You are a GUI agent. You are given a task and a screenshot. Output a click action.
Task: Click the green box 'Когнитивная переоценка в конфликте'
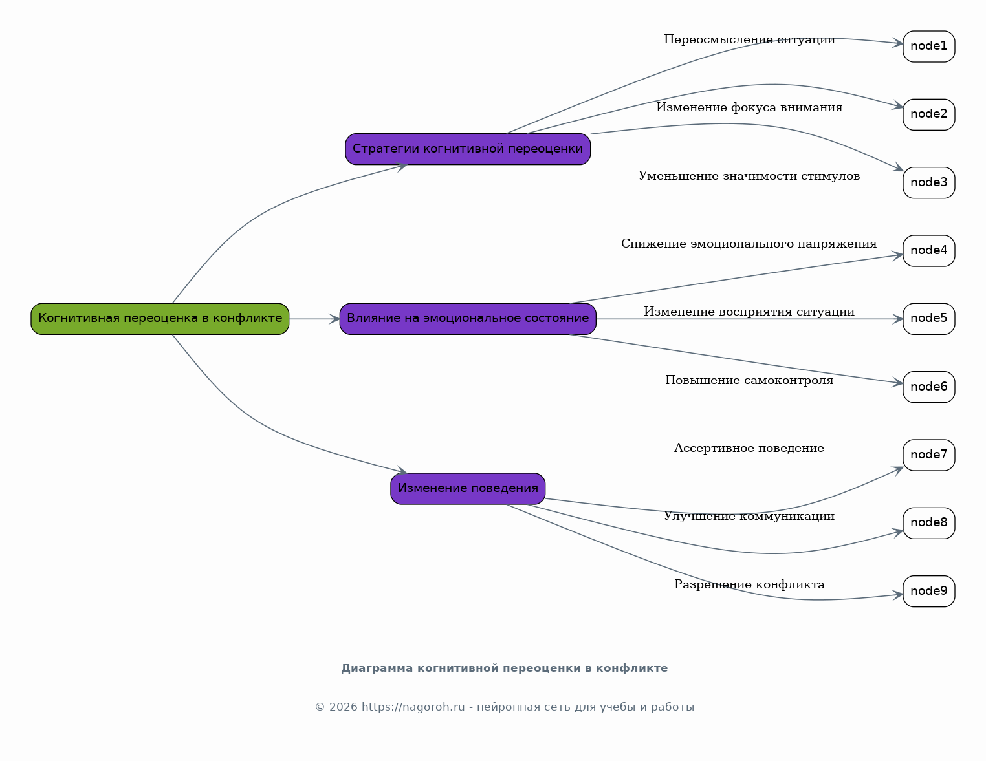coord(160,319)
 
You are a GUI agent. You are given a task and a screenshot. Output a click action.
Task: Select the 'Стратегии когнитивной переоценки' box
coord(467,149)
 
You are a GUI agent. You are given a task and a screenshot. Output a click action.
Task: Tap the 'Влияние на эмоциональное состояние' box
coord(467,319)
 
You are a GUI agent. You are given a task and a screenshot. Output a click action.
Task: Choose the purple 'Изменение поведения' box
coord(467,489)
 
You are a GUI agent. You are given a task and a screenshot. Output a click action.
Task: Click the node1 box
coord(928,47)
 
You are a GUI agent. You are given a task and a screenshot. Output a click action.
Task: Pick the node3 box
coord(928,183)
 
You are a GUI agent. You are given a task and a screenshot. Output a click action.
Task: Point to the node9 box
coord(928,591)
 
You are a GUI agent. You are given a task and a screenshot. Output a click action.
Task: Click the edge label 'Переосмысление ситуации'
coord(749,39)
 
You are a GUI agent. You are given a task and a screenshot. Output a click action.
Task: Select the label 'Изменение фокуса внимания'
coord(749,107)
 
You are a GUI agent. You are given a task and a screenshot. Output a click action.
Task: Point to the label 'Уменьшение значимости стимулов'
coord(749,176)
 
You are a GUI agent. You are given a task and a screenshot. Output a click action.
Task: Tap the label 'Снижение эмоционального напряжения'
coord(749,244)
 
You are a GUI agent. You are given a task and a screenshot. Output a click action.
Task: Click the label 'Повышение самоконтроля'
coord(749,380)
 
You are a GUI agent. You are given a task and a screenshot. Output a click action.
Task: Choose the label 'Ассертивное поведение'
coord(749,448)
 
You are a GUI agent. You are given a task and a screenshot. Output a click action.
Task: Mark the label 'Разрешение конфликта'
coord(749,584)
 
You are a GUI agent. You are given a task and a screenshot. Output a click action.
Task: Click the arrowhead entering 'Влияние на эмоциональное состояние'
coord(334,319)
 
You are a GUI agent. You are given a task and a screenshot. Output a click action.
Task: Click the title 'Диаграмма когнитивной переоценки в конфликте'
coord(504,668)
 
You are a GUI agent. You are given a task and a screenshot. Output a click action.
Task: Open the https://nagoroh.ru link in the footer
coord(413,707)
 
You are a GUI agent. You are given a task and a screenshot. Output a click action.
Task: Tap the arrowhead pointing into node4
coord(897,256)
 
